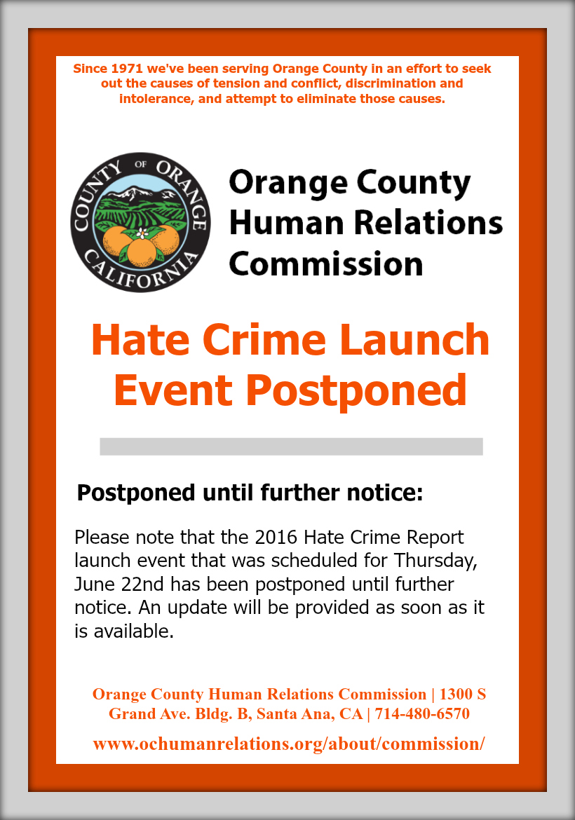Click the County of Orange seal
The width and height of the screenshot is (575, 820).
(x=141, y=222)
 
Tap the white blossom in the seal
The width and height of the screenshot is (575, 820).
(x=141, y=233)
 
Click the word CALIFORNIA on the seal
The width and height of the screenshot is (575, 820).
(x=141, y=270)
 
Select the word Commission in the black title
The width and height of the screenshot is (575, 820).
(x=326, y=264)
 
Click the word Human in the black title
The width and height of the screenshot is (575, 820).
(x=287, y=222)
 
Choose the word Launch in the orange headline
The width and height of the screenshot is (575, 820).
(x=415, y=340)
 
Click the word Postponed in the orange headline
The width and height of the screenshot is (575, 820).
(x=356, y=391)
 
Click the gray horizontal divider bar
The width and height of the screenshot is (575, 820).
(x=292, y=446)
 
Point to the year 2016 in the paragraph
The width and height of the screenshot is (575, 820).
(x=276, y=537)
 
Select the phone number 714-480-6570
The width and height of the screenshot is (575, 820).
(x=422, y=714)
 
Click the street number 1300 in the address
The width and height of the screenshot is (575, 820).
(x=456, y=694)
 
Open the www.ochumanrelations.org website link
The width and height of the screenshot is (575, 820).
(x=289, y=744)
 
